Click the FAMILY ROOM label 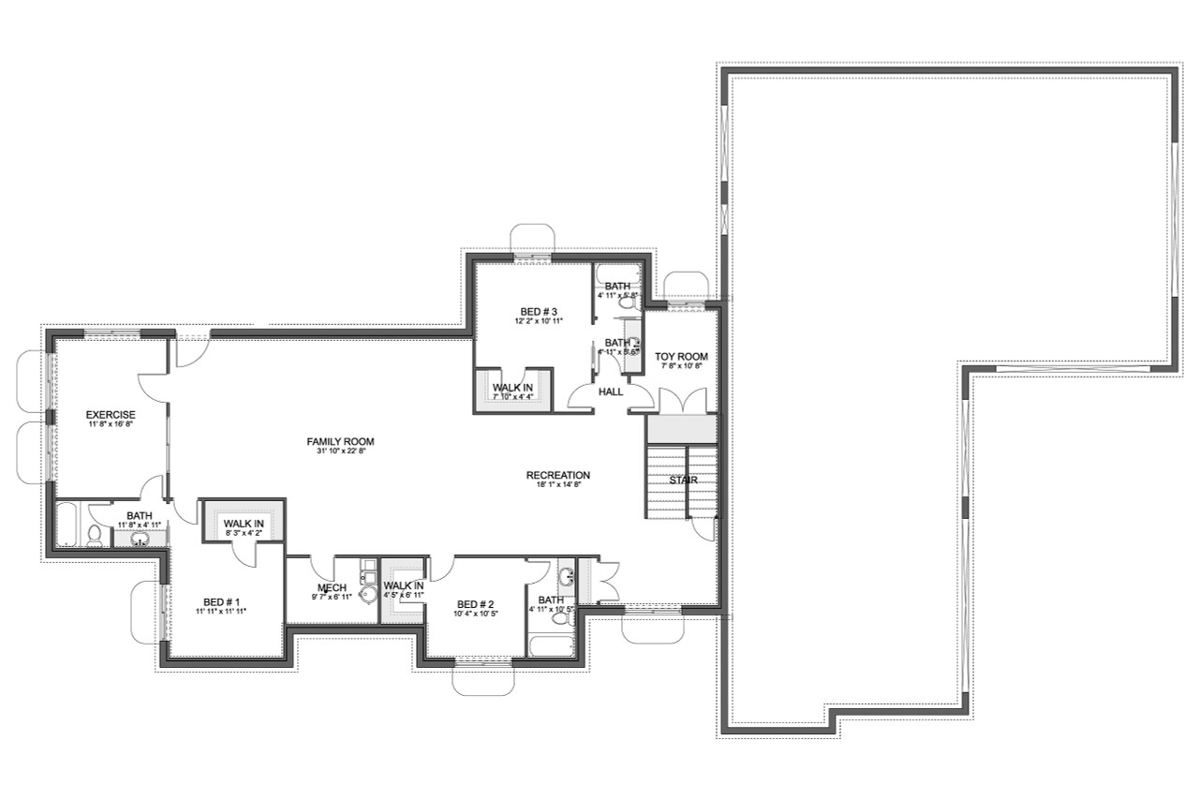pos(340,441)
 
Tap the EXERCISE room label pos(111,415)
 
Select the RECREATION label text pos(557,475)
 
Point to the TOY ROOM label pos(681,357)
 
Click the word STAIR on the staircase pos(683,481)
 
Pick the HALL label pos(611,393)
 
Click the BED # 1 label pos(221,601)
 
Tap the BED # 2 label pos(475,604)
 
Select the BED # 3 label pos(539,311)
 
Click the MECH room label pos(333,588)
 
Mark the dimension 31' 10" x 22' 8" pos(340,452)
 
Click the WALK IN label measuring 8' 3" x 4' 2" pos(244,523)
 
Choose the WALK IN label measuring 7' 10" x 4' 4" pos(512,387)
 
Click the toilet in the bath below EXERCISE pos(95,535)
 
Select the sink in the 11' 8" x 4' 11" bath pos(140,539)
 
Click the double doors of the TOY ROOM pos(681,401)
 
